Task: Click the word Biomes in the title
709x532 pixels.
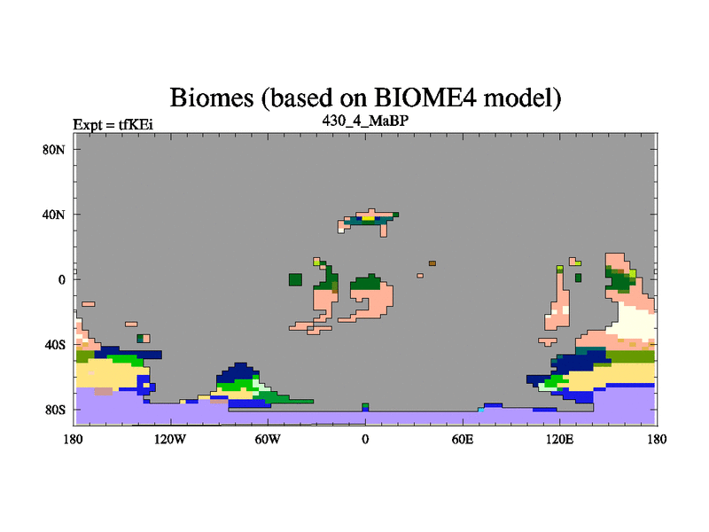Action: pos(212,98)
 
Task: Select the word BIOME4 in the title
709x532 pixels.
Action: pos(425,97)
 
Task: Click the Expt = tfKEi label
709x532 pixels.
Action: pos(113,124)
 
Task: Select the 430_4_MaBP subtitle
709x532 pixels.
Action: pos(365,121)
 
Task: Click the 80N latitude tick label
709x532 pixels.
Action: pos(54,150)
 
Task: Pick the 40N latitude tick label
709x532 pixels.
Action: pos(54,215)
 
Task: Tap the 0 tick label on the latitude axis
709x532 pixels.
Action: pos(61,280)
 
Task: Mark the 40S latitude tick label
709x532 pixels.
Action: pos(55,345)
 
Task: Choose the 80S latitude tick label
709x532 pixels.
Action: pos(55,410)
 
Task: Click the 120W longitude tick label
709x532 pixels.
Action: pos(170,439)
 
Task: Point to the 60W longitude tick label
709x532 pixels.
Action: pos(268,439)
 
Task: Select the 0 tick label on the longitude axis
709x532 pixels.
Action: pos(365,439)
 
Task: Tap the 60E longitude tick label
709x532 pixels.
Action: pos(463,439)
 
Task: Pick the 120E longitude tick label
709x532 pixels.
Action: pos(560,439)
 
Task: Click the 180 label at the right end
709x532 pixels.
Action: pos(657,439)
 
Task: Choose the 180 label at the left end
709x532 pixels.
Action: pos(74,439)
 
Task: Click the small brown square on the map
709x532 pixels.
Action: pos(432,263)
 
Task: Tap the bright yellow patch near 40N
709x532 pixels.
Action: pos(369,218)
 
